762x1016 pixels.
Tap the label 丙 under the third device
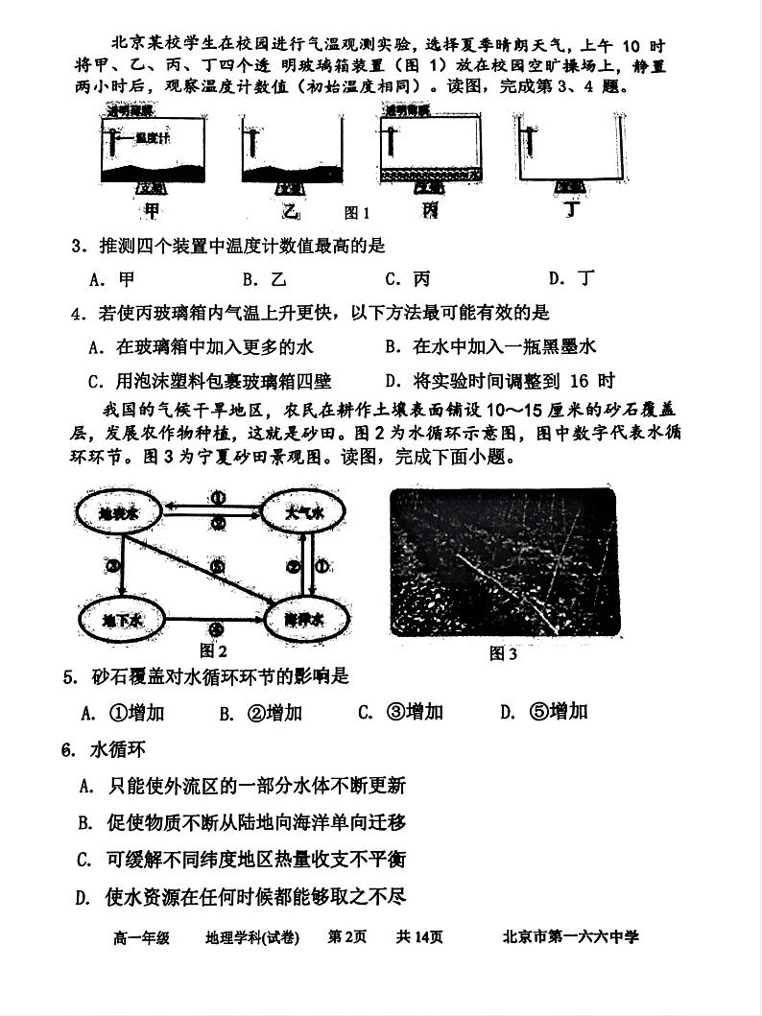(429, 209)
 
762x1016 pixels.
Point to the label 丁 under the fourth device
(575, 209)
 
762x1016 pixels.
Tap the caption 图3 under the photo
(503, 654)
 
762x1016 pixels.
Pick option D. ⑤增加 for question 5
(543, 712)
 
